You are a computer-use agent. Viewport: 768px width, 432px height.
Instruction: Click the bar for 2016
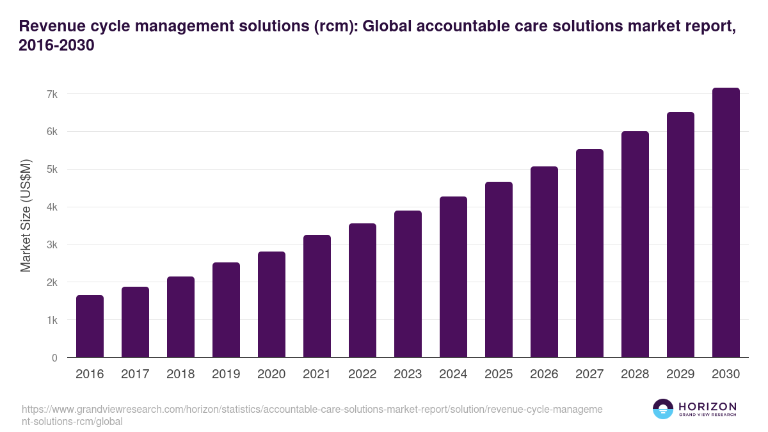pos(90,326)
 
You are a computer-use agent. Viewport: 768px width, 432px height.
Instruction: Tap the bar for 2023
pos(408,284)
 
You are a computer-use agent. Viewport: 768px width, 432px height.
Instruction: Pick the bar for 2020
pos(271,305)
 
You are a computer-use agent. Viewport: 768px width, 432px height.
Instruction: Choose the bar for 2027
pos(589,253)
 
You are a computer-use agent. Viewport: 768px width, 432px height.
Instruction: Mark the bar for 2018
pos(180,317)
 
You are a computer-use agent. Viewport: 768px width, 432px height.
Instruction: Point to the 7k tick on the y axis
pos(52,94)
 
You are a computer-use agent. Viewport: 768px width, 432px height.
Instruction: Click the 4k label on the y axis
pos(52,207)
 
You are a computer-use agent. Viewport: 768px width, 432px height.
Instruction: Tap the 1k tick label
pos(52,320)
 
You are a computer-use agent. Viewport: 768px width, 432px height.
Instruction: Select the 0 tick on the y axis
pos(55,358)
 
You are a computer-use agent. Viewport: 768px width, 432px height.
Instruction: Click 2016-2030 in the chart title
pos(57,46)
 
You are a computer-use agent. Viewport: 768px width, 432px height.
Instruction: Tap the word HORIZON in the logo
pos(707,406)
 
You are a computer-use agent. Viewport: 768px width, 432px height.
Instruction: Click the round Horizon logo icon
pos(663,409)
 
